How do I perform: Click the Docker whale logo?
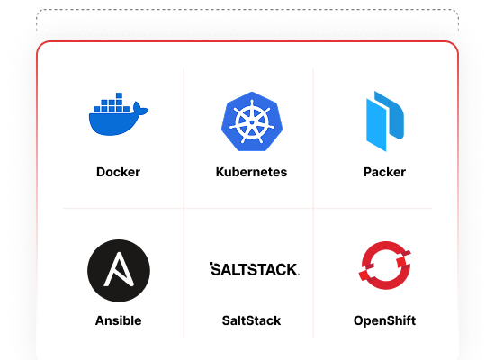119,114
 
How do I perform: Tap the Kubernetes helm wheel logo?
252,121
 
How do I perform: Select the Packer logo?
385,121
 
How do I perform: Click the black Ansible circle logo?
119,271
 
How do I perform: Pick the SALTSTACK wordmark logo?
255,269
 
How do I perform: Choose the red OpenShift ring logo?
385,265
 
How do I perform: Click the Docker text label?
119,172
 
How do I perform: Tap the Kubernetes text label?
252,172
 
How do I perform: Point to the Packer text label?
385,172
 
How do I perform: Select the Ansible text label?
119,320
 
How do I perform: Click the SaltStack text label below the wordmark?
252,320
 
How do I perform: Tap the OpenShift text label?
385,320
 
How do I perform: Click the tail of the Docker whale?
140,110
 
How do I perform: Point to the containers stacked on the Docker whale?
112,103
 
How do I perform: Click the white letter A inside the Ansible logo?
119,269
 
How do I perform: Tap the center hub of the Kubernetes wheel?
252,122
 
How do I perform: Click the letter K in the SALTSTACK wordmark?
292,270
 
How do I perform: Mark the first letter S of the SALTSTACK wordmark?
217,269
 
